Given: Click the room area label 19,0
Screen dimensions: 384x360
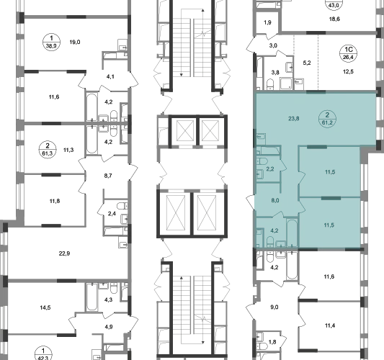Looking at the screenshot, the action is (x=75, y=42).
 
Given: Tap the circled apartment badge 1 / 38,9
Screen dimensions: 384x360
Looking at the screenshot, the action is (x=51, y=42).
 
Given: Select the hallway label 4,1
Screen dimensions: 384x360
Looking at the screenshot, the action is (x=110, y=76).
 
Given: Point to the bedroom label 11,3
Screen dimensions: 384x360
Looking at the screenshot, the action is (x=68, y=150).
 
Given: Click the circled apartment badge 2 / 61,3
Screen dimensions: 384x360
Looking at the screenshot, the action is (x=48, y=150).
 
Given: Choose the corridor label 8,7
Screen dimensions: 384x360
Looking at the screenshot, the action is (x=108, y=176).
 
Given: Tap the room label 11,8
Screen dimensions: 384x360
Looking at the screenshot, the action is (x=55, y=201).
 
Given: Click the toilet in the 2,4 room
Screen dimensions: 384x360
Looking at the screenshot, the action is (x=122, y=206).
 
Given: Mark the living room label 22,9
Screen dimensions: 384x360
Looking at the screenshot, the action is (x=64, y=253).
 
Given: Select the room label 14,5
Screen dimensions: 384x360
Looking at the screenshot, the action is (x=45, y=307).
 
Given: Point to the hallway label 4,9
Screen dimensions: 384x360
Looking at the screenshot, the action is (x=109, y=327).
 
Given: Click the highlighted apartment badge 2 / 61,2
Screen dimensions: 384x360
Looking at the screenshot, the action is (x=327, y=119).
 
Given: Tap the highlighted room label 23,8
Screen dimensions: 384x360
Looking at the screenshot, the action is (x=294, y=119).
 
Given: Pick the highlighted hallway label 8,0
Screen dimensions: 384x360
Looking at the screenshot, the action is (x=275, y=200).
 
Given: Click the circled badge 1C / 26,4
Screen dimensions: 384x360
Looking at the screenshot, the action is (x=348, y=53).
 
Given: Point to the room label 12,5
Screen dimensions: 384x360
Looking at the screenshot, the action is (x=348, y=72).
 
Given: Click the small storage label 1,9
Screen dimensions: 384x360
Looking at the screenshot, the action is (x=268, y=22).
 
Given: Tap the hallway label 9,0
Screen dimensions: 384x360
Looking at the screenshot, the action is (x=274, y=307).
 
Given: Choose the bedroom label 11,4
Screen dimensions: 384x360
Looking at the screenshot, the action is (x=330, y=325).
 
